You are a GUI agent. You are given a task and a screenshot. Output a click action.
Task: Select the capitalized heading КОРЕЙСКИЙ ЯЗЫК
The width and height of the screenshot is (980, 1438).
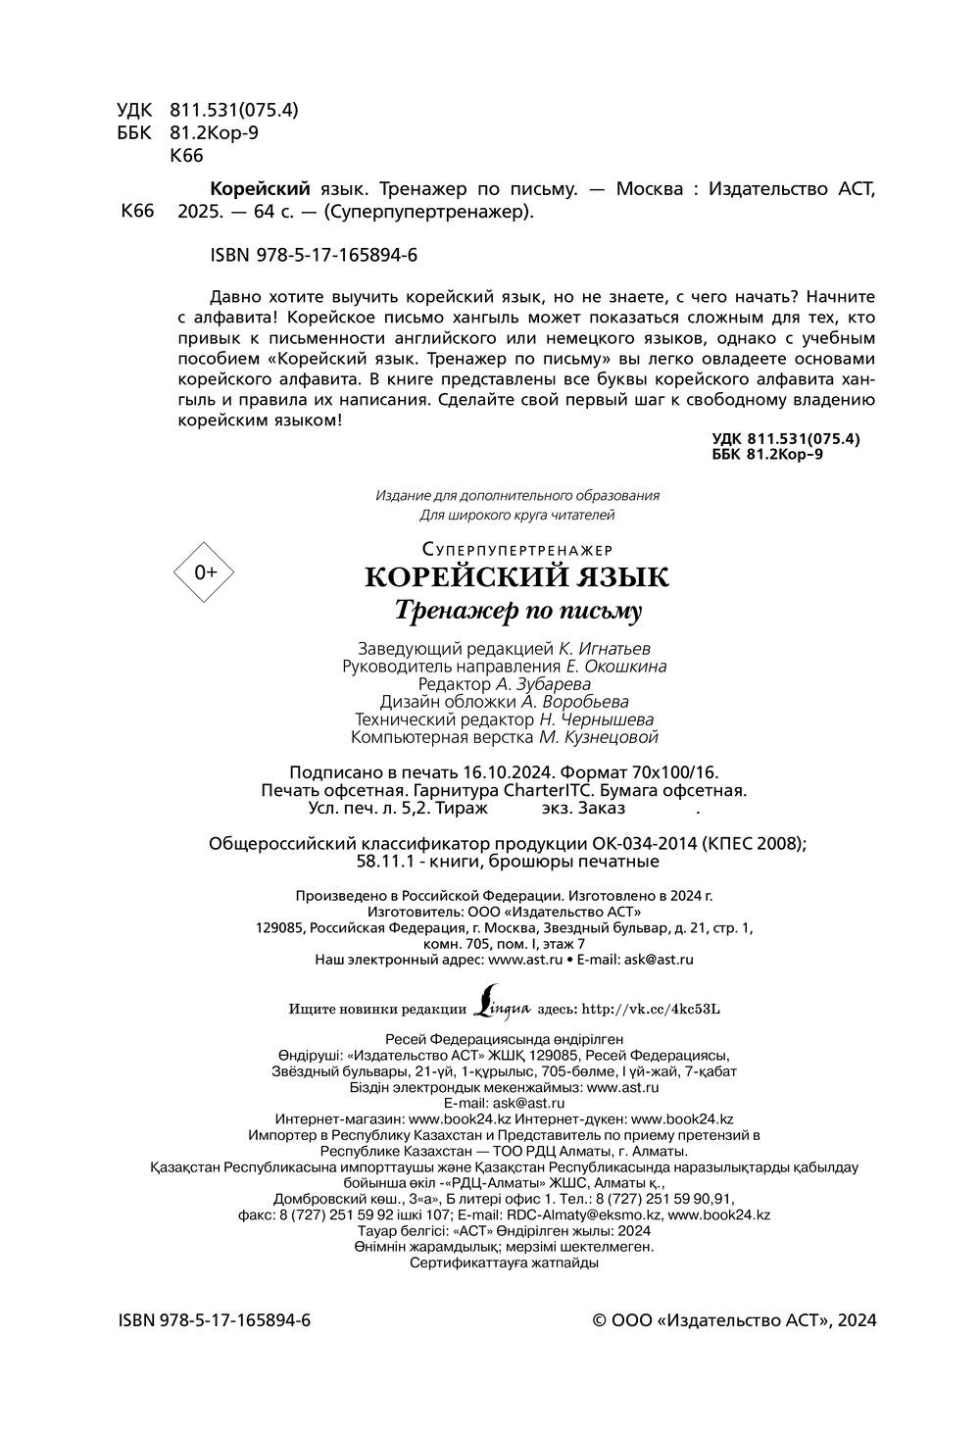[x=516, y=577]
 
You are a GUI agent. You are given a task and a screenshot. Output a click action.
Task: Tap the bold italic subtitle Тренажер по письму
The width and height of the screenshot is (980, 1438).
[x=516, y=611]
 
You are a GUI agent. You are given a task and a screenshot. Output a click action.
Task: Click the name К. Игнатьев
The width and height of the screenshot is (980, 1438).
[x=605, y=649]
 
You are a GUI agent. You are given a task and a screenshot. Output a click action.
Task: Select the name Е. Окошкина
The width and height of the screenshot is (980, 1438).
[x=616, y=667]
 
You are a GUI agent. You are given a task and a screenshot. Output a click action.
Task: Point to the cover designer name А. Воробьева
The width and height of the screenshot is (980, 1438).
[x=574, y=702]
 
